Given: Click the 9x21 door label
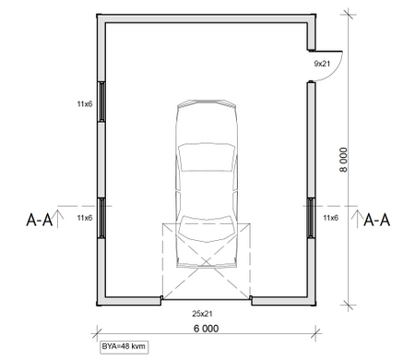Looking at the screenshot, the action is [322, 64].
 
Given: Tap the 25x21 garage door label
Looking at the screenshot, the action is [202, 314].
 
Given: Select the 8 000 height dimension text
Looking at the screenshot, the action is [344, 160].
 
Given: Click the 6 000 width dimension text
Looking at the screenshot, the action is [207, 329].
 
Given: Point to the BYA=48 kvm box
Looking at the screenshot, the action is [124, 347].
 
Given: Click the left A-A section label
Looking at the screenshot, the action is [40, 221].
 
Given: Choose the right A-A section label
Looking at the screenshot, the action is [377, 221].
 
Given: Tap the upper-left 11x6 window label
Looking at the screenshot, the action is [85, 104].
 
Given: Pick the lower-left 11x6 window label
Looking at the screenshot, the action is [85, 218].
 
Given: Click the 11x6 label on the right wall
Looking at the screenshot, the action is [330, 218].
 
